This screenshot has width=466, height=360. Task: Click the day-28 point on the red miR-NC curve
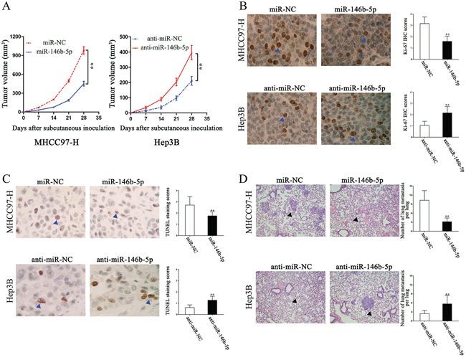tap(83, 50)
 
